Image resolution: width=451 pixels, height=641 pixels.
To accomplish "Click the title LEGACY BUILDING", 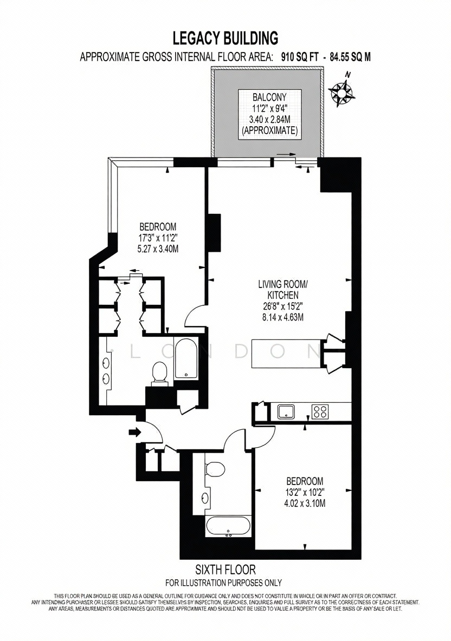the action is coord(225,38).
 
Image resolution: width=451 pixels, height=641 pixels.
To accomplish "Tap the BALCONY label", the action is coord(269,97).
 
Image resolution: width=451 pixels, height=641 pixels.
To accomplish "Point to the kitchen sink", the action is coord(287,411).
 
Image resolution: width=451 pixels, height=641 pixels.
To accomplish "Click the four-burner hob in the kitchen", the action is coord(320,411).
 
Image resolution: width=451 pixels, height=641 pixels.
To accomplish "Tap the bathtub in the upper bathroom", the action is coord(186,358).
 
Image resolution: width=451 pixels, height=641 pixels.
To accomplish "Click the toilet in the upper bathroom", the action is coord(159,374).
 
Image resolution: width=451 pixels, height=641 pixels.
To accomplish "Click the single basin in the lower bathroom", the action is coord(204,498).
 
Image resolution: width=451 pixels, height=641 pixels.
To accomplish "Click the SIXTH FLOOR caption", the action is coord(225,569).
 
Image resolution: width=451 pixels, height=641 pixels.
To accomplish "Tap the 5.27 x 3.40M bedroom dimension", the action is coord(158,248).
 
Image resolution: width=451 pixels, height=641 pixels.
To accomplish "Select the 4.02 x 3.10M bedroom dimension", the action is coord(305,503).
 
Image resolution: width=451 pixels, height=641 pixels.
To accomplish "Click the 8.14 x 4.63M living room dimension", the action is coord(283,316).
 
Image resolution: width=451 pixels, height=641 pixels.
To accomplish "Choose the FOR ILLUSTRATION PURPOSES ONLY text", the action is coord(223,583).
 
